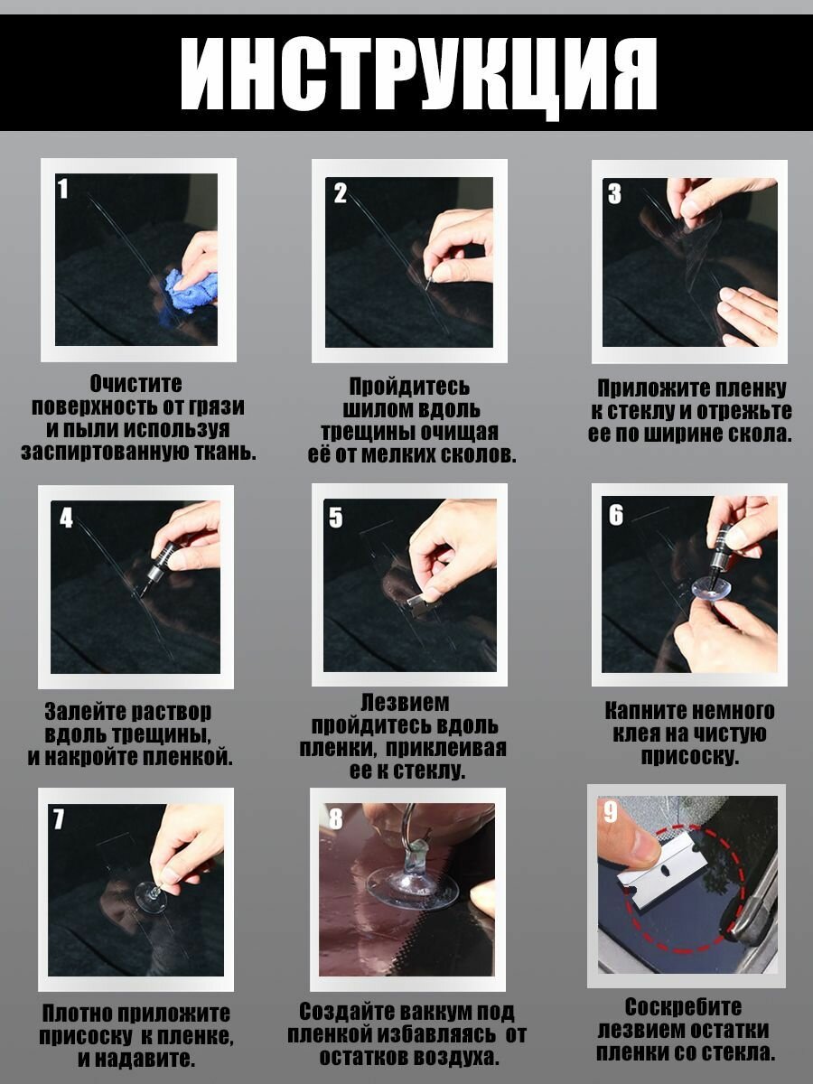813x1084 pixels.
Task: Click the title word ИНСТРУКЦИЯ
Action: [418, 76]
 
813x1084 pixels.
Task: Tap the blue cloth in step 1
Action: [191, 290]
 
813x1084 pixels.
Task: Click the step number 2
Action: [341, 193]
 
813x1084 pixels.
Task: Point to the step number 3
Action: [614, 193]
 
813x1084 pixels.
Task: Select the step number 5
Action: [336, 518]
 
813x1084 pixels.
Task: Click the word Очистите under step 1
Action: [135, 384]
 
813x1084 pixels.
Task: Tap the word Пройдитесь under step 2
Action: [409, 387]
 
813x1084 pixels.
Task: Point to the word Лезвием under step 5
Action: [406, 703]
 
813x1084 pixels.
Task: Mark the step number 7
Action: [59, 818]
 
